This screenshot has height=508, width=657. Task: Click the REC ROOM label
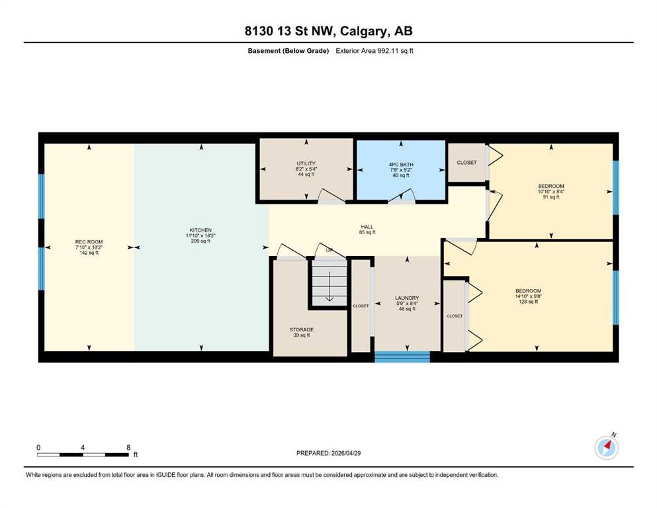point(89,241)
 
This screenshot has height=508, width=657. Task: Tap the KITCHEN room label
point(200,230)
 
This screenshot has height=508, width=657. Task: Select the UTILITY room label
point(306,163)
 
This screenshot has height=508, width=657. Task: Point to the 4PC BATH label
point(401,165)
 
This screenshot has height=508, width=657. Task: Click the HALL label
point(367,227)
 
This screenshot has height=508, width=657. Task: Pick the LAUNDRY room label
point(407,298)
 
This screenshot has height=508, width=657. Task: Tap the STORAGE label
point(301,329)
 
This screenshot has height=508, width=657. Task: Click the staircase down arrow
point(329,286)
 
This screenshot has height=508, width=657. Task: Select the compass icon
point(606,447)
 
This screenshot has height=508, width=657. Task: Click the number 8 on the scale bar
point(128,447)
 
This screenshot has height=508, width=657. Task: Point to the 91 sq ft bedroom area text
point(551,197)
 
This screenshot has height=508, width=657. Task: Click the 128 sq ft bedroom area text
point(529,302)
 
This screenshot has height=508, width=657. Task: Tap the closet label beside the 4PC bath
point(466,163)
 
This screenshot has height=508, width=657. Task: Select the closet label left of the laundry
point(361,306)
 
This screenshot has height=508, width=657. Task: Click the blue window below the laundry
point(402,357)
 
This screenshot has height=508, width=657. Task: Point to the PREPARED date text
point(328,453)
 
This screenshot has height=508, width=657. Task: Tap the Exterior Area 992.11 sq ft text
point(374,51)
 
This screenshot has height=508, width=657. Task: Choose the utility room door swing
point(331,196)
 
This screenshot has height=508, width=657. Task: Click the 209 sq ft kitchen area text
point(200,241)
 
